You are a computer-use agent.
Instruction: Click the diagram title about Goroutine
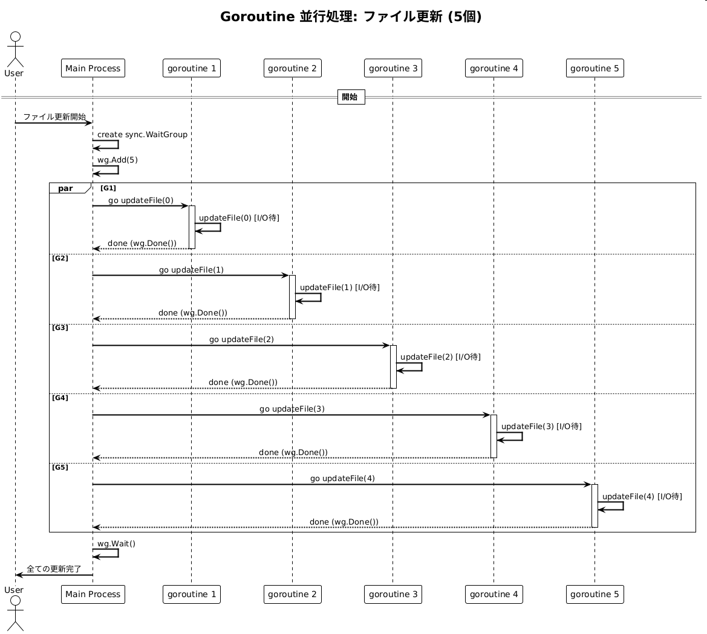click(351, 17)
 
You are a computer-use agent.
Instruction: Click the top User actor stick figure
click(14, 48)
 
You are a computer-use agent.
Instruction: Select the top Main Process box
click(93, 68)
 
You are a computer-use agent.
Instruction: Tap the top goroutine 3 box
click(393, 68)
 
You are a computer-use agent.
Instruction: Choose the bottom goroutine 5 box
click(595, 594)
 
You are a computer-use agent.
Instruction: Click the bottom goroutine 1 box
click(192, 594)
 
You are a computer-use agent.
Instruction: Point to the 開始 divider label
click(350, 97)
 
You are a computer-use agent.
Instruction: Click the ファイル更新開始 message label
click(54, 117)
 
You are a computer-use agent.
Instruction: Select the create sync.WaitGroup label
click(142, 134)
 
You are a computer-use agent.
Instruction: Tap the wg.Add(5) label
click(117, 160)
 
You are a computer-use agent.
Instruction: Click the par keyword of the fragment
click(65, 189)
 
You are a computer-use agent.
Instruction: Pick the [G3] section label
click(60, 328)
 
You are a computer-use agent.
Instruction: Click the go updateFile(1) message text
click(191, 270)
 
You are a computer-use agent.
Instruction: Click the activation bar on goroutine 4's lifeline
click(494, 436)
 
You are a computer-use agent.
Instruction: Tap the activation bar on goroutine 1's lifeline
click(192, 227)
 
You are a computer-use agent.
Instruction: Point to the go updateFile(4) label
click(342, 478)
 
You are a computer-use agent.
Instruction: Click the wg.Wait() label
click(116, 543)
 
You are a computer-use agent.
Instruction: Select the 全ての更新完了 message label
click(54, 569)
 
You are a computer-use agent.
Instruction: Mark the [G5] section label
click(60, 467)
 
